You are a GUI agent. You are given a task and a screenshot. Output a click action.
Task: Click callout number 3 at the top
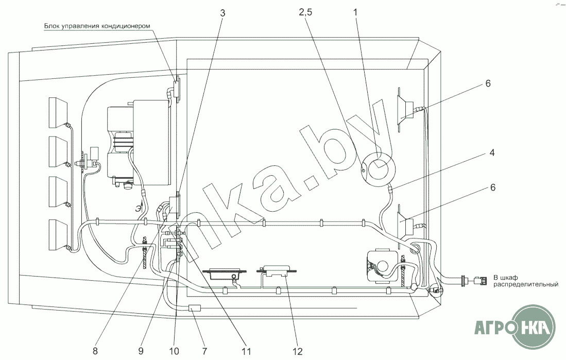tap(222, 13)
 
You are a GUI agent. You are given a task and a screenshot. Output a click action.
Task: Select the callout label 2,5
tap(305, 12)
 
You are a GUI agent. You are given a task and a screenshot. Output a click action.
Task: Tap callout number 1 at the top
tap(355, 12)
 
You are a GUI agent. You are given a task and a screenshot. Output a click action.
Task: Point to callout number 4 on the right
tap(492, 152)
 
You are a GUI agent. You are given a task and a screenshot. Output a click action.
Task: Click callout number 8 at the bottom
tap(95, 351)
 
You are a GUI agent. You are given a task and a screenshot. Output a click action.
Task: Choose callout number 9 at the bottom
tap(141, 351)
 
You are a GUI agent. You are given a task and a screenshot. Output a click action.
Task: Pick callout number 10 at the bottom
tap(174, 351)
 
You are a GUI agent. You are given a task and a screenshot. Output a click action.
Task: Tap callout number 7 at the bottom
tap(204, 351)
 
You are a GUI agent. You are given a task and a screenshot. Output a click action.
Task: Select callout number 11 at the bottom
tap(246, 351)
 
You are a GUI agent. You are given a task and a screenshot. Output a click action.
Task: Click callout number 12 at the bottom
tap(298, 351)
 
